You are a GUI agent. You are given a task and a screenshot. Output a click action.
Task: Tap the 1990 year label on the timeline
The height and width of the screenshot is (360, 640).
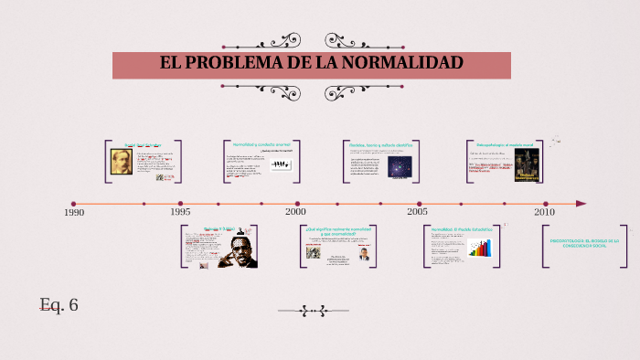click(74, 212)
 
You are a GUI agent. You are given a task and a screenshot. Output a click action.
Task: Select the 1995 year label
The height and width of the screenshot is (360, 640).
click(180, 212)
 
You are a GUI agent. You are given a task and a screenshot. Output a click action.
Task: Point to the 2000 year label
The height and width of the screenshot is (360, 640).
click(295, 212)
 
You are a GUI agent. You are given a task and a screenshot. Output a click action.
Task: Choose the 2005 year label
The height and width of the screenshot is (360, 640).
click(418, 212)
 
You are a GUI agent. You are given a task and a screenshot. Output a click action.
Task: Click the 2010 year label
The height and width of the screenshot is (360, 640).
click(545, 212)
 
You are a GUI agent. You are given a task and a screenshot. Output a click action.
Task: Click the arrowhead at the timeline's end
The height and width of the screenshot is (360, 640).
click(581, 204)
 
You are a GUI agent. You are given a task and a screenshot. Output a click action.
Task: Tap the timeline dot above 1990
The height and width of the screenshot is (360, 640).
click(74, 204)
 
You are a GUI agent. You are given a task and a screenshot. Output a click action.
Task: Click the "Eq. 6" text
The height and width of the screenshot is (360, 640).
click(59, 304)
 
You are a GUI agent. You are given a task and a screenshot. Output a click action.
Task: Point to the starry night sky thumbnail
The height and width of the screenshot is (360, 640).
click(400, 166)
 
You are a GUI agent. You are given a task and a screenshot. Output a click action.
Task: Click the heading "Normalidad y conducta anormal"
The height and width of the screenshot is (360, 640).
click(261, 144)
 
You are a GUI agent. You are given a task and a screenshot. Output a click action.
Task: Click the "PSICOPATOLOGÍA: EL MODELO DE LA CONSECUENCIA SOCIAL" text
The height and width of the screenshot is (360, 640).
click(584, 243)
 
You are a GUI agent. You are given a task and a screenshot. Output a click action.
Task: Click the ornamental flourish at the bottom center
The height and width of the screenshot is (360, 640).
click(313, 311)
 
